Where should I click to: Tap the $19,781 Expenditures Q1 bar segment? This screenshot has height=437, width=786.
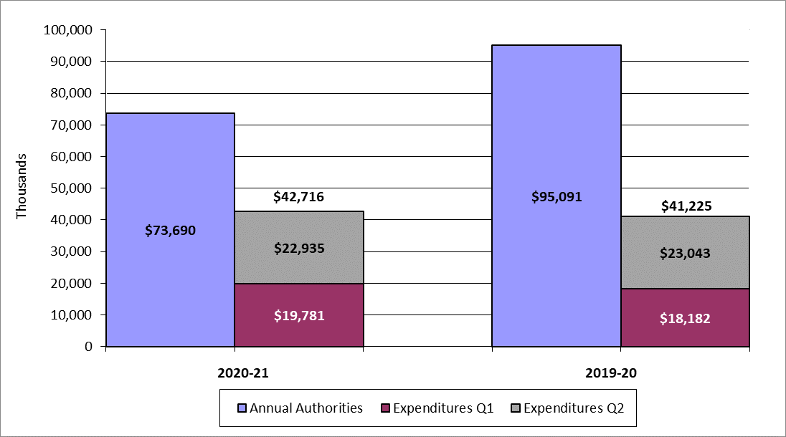point(299,315)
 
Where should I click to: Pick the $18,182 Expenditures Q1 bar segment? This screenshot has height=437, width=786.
point(685,318)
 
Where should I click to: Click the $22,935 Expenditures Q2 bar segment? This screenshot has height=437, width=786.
point(299,249)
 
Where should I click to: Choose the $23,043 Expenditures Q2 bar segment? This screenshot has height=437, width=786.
point(685,252)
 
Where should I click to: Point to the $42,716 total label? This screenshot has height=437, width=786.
point(299,197)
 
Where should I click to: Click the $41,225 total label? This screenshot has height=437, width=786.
point(685,206)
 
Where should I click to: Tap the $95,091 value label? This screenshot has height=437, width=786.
point(557,196)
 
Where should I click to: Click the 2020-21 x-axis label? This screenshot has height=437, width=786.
point(235,373)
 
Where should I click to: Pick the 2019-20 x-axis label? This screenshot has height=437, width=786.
point(620,373)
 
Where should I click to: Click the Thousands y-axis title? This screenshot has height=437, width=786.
point(22,186)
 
